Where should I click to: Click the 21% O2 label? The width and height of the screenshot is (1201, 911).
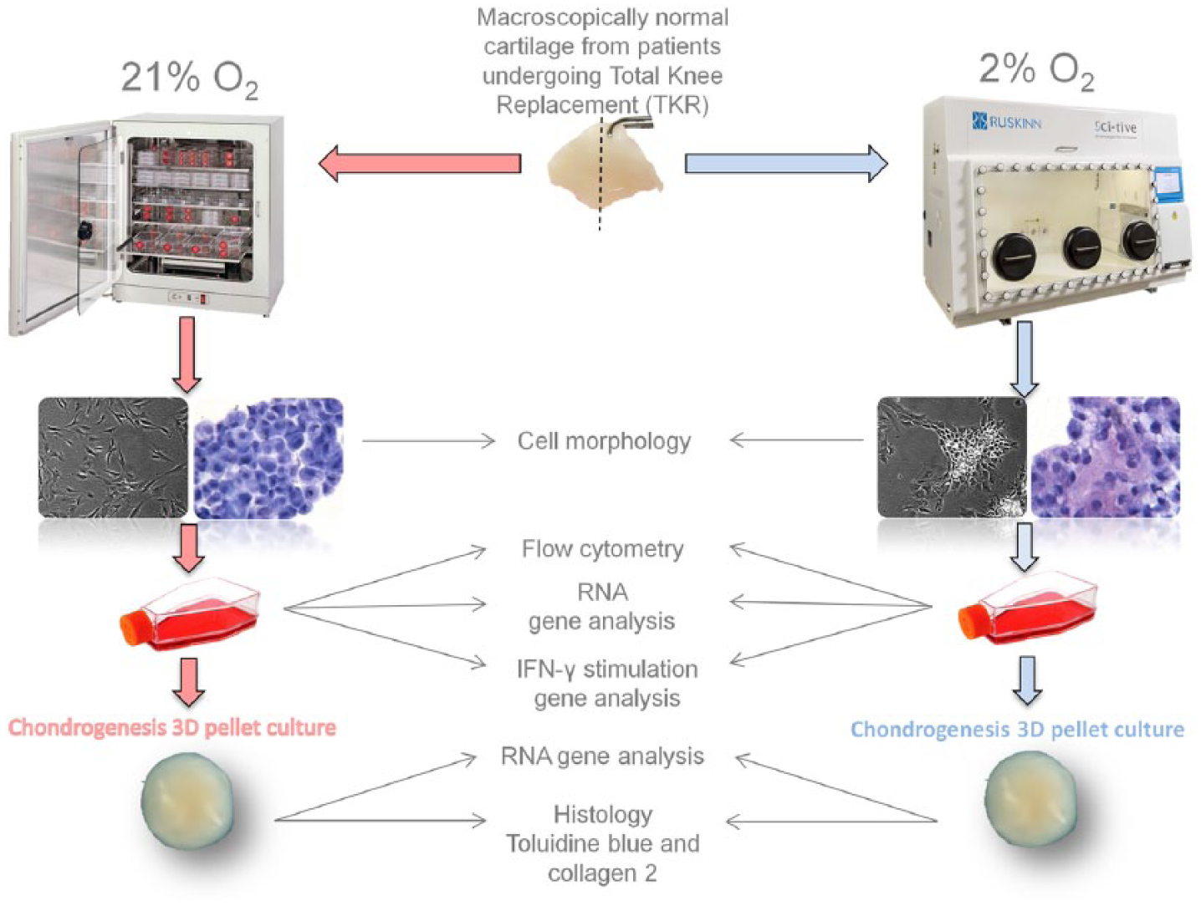(189, 80)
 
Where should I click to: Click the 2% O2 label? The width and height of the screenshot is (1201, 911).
(1036, 72)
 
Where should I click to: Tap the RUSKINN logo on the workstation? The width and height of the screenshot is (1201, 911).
(1006, 121)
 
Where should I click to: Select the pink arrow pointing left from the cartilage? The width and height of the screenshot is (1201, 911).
(420, 163)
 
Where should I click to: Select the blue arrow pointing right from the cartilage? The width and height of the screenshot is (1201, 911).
(786, 163)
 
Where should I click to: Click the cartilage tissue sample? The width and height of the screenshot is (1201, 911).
(606, 167)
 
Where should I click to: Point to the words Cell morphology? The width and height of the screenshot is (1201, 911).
(604, 440)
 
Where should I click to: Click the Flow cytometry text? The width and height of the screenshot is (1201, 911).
(602, 548)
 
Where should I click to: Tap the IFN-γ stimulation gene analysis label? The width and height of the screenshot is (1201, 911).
(607, 684)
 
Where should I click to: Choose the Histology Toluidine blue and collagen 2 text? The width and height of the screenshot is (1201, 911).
(602, 844)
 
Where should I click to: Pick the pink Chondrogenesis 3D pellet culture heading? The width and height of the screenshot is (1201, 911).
(171, 728)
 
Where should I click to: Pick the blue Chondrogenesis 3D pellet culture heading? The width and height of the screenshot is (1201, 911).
(1017, 730)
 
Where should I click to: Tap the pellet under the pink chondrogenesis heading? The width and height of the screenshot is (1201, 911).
(187, 802)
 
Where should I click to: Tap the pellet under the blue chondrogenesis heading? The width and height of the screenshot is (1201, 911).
(1031, 799)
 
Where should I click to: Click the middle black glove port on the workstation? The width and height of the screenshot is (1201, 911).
(1081, 247)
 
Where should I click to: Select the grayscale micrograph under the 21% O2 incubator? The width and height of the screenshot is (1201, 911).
(113, 458)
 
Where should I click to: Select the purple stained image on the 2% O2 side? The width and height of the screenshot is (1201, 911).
(1106, 457)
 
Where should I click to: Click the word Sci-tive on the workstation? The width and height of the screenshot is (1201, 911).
(1115, 127)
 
